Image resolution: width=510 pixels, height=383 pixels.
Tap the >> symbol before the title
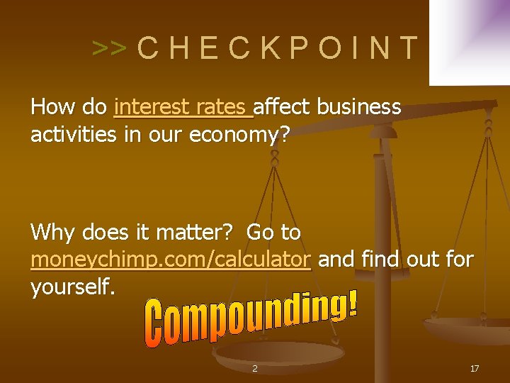click(109, 48)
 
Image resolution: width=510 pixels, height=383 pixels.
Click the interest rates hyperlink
click(183, 107)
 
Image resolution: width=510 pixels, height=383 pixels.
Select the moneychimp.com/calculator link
click(171, 260)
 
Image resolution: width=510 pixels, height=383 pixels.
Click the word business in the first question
click(359, 107)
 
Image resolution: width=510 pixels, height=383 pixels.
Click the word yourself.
click(72, 287)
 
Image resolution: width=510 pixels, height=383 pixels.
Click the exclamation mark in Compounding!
click(352, 303)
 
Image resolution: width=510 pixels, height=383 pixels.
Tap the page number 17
click(475, 368)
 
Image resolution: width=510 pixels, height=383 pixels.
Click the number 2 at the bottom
click(255, 368)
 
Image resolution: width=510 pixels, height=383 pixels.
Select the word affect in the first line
click(282, 107)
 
